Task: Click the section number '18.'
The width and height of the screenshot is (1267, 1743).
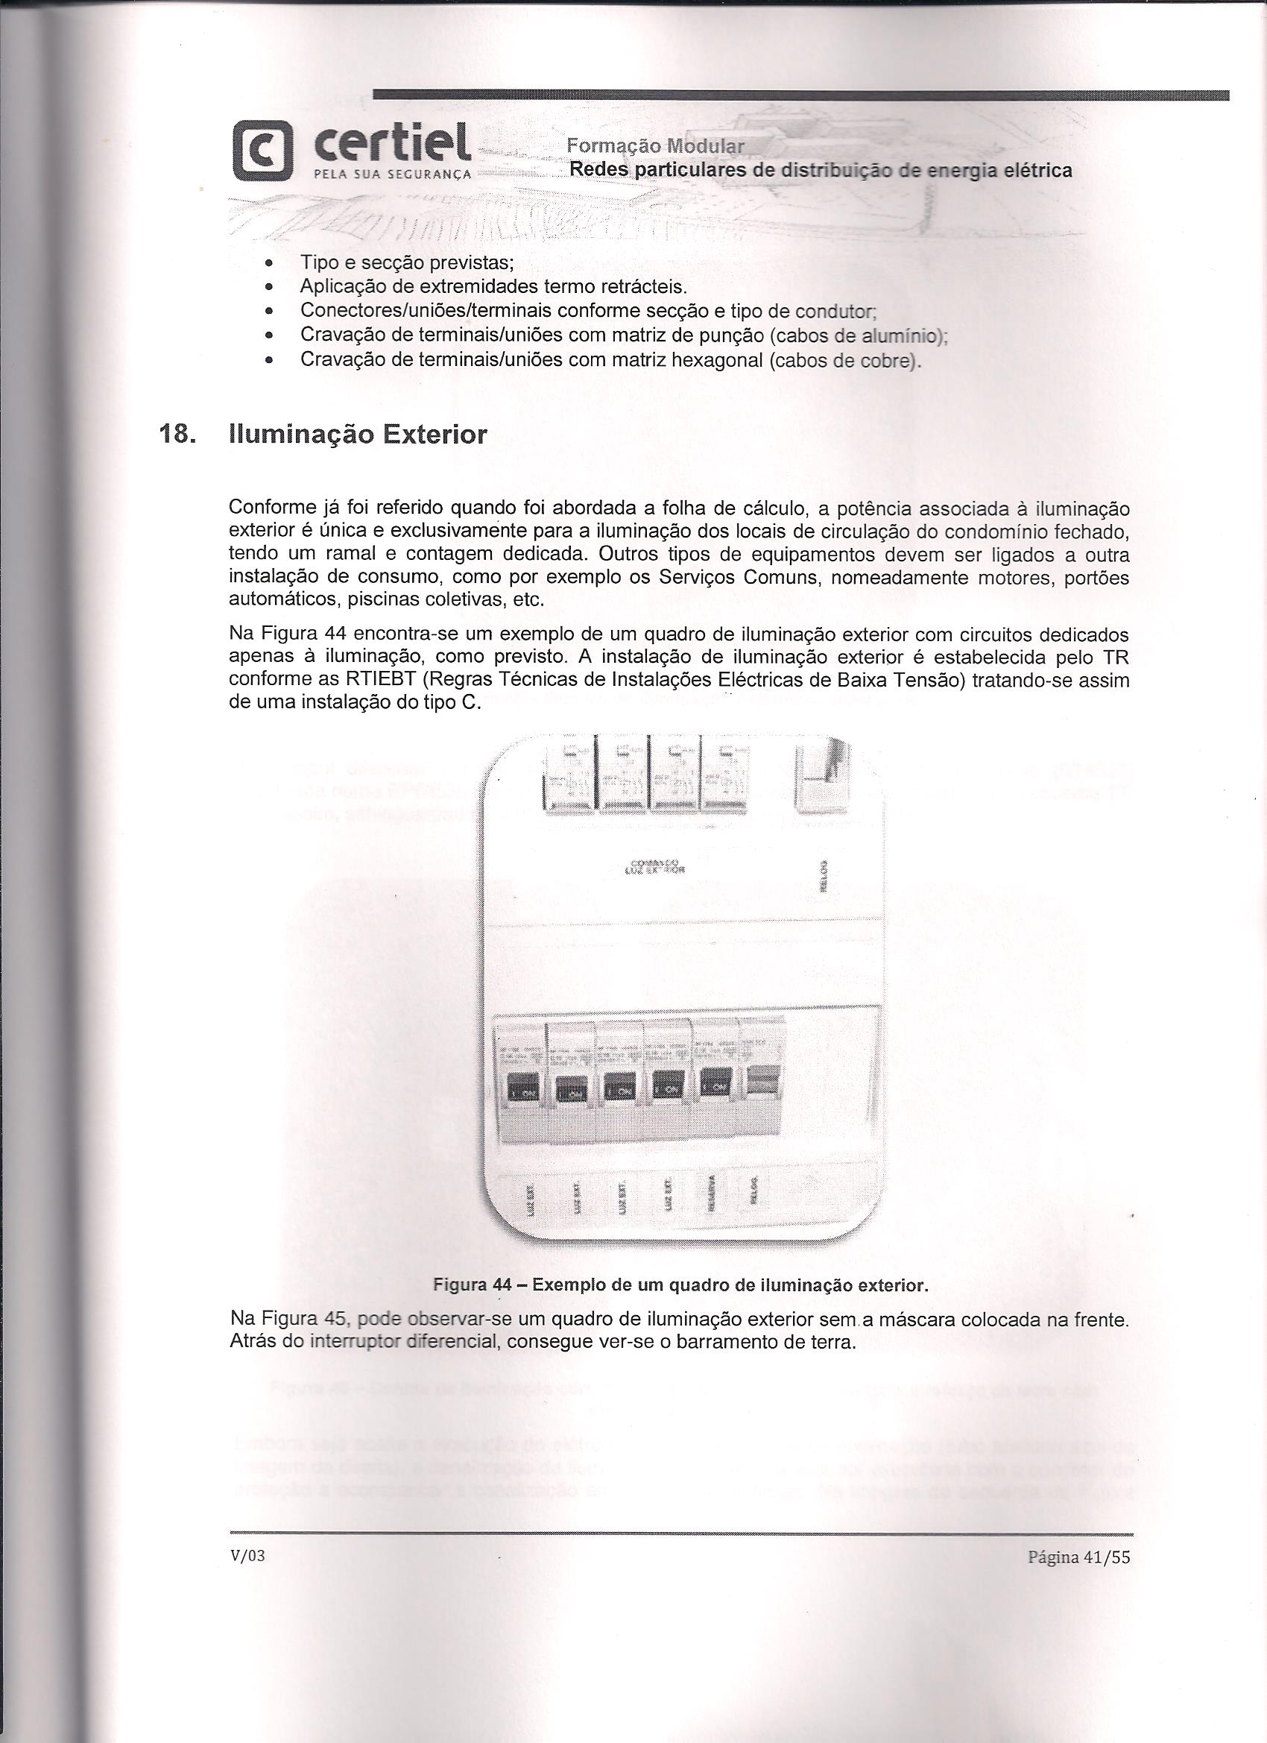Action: click(x=176, y=435)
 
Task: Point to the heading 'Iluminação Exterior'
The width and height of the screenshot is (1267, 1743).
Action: click(x=357, y=435)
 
